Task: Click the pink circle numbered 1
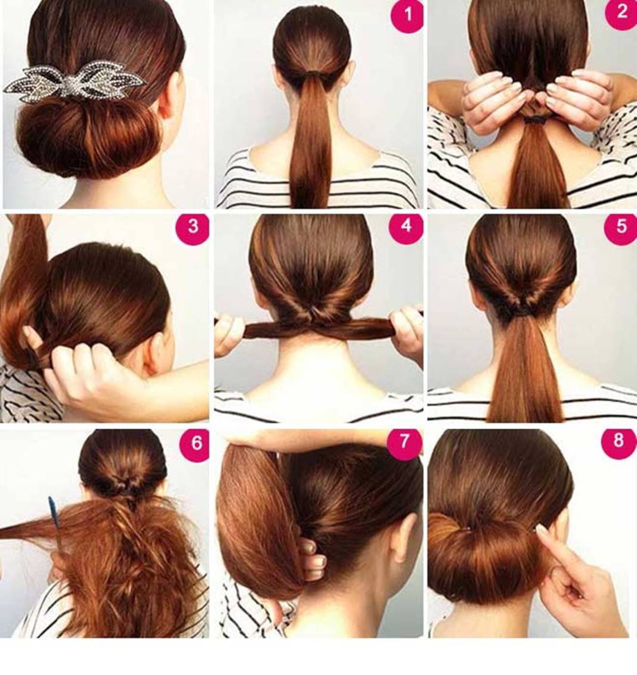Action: (x=407, y=15)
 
